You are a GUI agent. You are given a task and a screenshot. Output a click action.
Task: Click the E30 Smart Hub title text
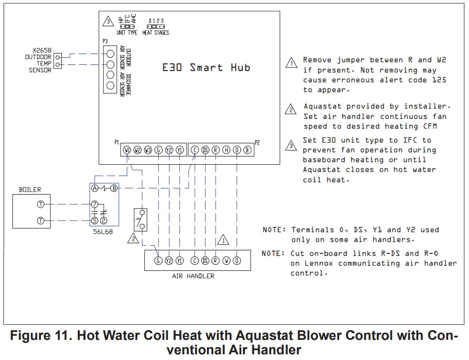pos(206,67)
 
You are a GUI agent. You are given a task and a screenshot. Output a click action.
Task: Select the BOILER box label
pos(30,190)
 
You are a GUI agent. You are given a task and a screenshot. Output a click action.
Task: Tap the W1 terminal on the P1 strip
pos(127,150)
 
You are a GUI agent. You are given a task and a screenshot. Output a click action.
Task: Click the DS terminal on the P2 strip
pos(205,150)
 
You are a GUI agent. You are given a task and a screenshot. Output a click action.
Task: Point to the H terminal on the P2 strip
pos(226,150)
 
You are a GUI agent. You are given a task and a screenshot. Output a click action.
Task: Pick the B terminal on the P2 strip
pos(247,150)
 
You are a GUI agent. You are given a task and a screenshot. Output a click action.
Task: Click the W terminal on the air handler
pos(226,261)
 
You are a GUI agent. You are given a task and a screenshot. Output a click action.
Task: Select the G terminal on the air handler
pos(159,261)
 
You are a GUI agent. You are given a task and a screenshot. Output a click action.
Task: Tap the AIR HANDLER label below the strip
pos(193,276)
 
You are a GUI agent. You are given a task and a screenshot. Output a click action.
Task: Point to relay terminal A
pos(95,188)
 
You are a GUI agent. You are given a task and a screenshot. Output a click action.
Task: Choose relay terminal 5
pos(95,220)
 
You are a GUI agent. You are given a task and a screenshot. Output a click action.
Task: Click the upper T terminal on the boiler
pos(41,204)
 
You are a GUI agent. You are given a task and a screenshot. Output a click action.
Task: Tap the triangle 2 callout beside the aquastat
pos(133,238)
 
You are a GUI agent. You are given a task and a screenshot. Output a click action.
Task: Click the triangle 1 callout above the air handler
pos(223,240)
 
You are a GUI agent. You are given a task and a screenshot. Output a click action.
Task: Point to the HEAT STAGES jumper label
pos(156,32)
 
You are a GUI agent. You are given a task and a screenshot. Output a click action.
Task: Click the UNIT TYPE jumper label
pos(127,32)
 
